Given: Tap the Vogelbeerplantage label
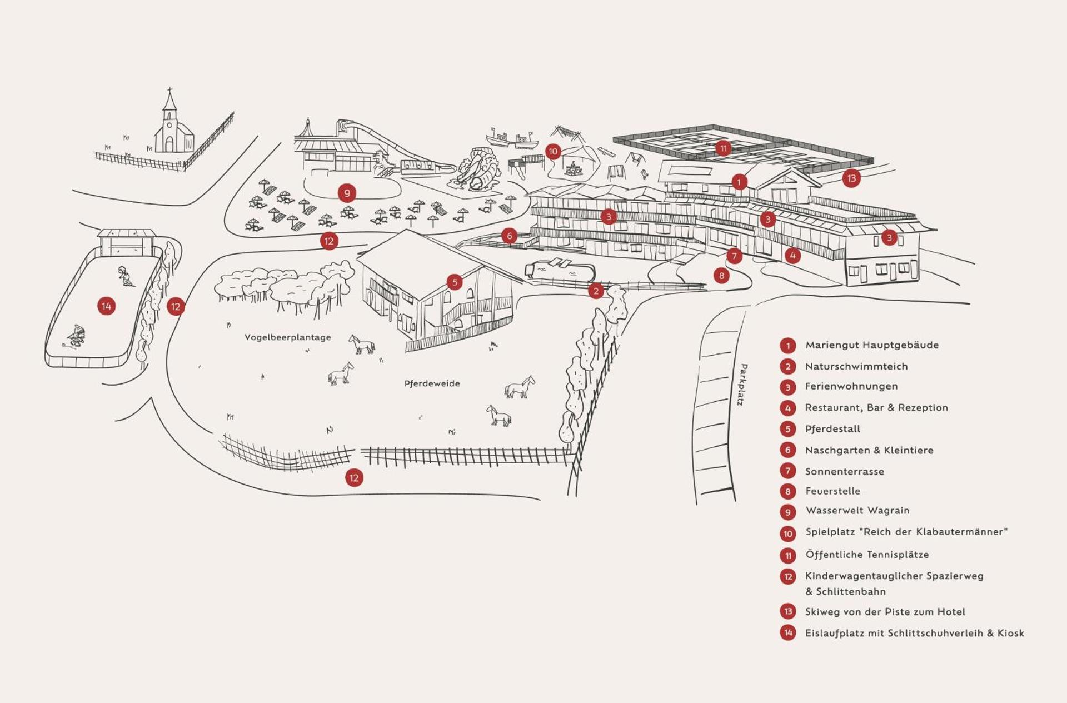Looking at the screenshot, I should click(x=287, y=337).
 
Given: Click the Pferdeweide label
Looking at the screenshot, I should click(x=432, y=383).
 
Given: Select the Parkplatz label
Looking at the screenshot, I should click(x=742, y=385).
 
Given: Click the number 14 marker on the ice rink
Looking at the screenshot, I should click(x=106, y=306).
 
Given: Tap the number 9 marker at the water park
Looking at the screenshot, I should click(x=347, y=193).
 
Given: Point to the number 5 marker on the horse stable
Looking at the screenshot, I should click(x=455, y=282).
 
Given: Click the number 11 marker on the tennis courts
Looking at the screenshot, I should click(x=723, y=148).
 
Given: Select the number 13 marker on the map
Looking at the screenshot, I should click(x=851, y=178).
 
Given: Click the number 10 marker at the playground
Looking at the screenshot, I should click(x=552, y=152).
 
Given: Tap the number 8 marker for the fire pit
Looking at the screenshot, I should click(x=721, y=276).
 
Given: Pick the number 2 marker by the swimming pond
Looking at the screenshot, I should click(x=596, y=291).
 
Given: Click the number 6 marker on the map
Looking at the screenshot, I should click(x=509, y=236).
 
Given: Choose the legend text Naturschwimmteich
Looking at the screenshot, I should click(x=856, y=366).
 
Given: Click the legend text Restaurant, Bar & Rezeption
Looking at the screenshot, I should click(x=876, y=408).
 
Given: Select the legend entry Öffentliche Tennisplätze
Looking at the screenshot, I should click(x=866, y=555).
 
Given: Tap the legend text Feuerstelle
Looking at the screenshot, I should click(x=832, y=491).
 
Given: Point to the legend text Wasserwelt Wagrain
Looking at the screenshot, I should click(x=857, y=511).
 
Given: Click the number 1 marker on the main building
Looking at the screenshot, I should click(x=739, y=182).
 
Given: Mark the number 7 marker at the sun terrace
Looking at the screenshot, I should click(x=734, y=256).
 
